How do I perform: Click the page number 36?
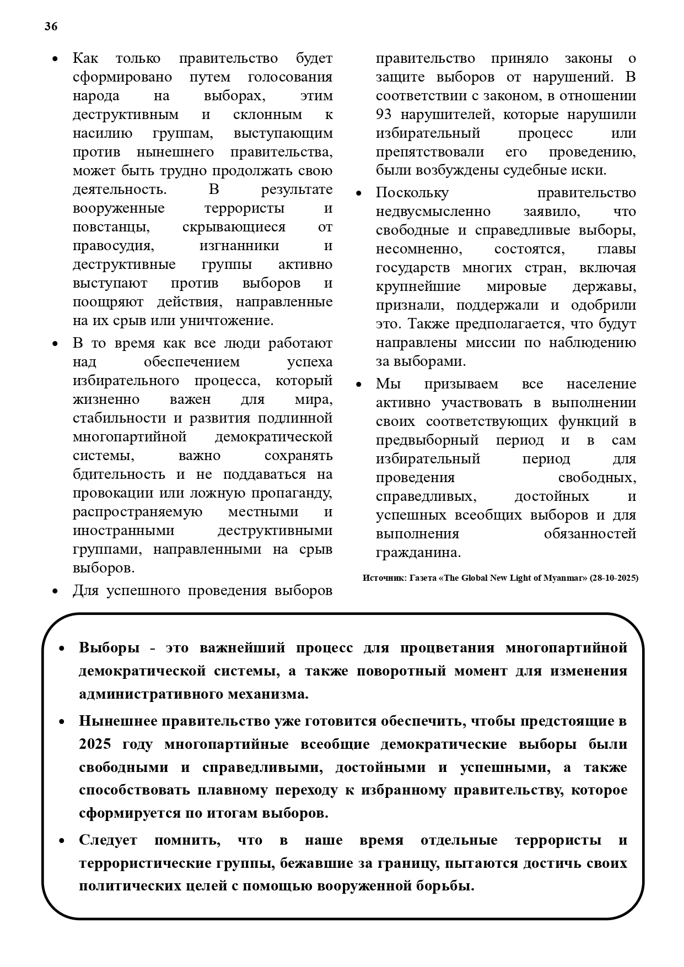[x=51, y=26]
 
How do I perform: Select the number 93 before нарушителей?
[x=384, y=115]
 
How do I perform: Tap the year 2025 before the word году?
[x=95, y=744]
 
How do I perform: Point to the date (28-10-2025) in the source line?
[x=613, y=578]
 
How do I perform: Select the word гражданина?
[x=418, y=552]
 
